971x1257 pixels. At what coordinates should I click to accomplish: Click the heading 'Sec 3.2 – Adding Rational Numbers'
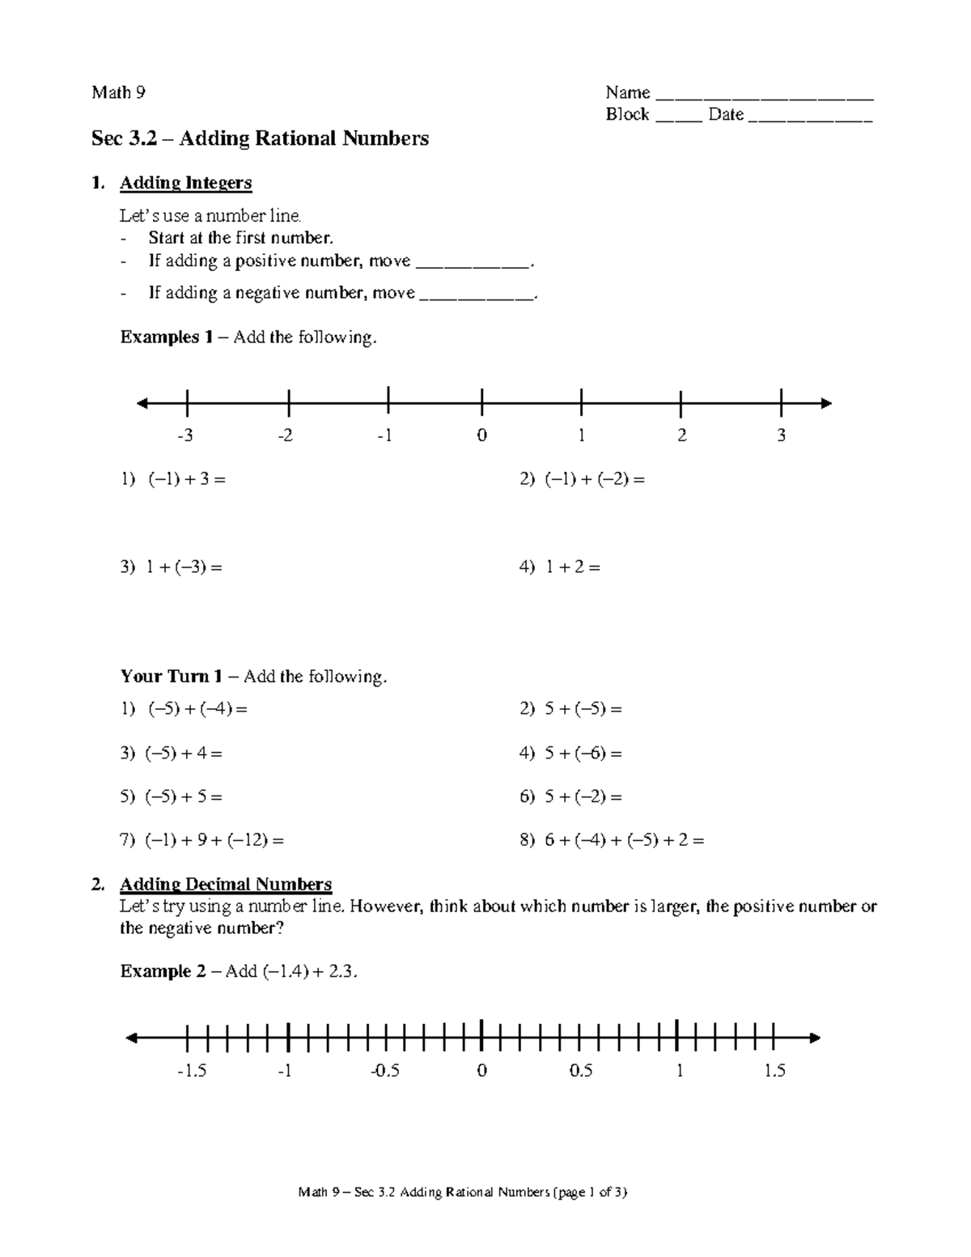point(260,139)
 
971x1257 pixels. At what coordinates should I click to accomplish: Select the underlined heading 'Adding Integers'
point(185,183)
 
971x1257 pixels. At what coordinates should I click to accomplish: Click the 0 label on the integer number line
point(481,436)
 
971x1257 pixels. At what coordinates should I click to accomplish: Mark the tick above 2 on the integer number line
point(681,402)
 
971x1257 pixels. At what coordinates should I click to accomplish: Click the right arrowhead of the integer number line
point(825,403)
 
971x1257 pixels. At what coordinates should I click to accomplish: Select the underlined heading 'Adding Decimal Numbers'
point(226,884)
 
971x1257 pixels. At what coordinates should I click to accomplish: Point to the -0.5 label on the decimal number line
point(384,1071)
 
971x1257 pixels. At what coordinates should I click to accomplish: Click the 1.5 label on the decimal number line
point(774,1071)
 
